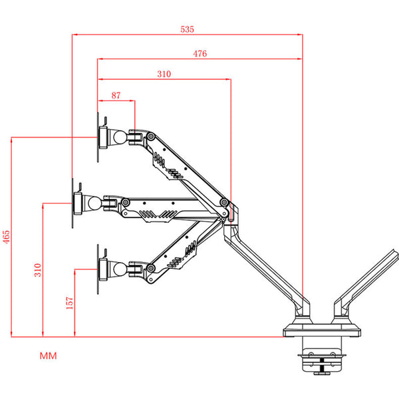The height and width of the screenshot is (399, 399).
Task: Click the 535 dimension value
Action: (187, 29)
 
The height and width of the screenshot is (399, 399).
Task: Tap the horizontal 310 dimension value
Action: (164, 74)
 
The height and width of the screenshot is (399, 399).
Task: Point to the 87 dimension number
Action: (116, 96)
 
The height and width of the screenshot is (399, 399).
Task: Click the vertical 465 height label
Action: (7, 237)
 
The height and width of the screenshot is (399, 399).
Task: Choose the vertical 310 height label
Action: (37, 270)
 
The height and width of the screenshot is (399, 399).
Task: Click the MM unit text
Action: (49, 356)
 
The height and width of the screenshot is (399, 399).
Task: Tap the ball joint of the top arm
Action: (122, 137)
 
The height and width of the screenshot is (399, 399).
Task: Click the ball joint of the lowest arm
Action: (122, 268)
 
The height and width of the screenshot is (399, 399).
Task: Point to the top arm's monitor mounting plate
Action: (104, 136)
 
